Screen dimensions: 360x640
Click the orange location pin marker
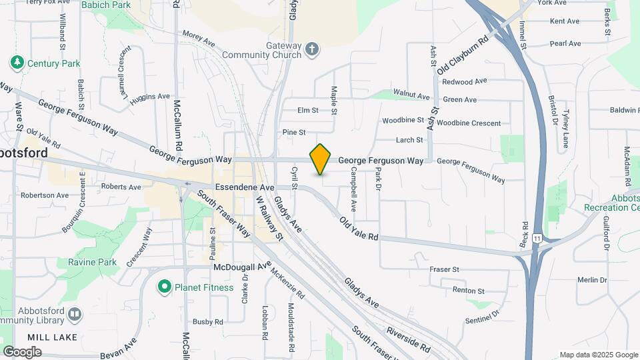click(x=321, y=159)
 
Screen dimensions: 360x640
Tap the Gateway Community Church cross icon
click(x=312, y=49)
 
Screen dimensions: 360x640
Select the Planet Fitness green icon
click(x=164, y=287)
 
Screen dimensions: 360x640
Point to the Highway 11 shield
click(x=537, y=238)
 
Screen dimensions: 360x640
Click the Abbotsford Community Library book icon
click(x=74, y=313)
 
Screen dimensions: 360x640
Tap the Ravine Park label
click(x=93, y=263)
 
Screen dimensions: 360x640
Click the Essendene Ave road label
click(x=245, y=188)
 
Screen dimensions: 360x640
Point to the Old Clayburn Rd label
click(x=464, y=54)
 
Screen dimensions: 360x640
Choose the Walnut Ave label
click(x=412, y=95)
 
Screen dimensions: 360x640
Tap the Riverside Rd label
click(x=408, y=337)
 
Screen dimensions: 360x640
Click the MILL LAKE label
click(x=53, y=337)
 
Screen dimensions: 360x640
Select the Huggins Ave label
click(x=150, y=97)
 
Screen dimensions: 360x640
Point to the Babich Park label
click(x=105, y=5)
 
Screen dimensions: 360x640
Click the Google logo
click(x=22, y=351)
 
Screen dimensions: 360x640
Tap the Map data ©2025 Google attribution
click(x=598, y=355)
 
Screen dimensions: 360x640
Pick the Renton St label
click(x=469, y=291)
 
